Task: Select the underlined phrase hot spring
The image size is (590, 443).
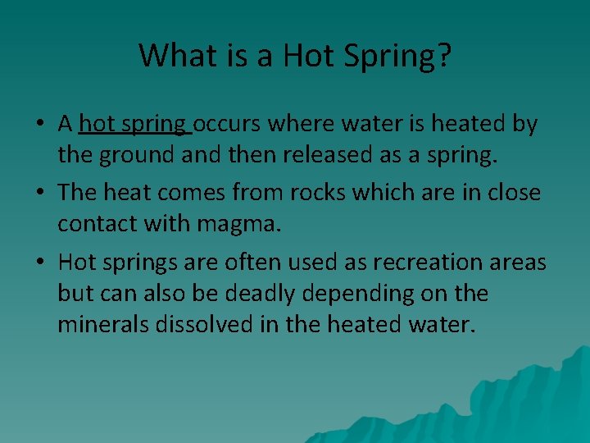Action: click(134, 125)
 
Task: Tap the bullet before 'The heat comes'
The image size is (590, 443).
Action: click(39, 194)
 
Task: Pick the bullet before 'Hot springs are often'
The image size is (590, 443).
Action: click(39, 263)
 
